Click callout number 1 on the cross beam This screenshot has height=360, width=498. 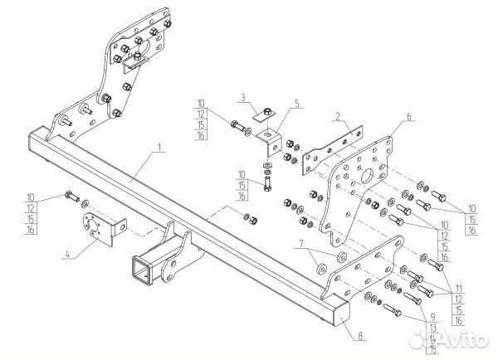[x=159, y=150]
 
